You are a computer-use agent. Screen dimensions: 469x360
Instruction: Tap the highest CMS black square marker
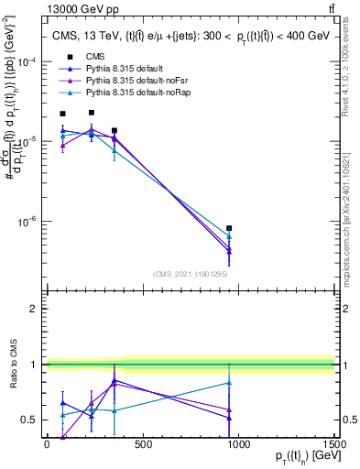tap(92, 113)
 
